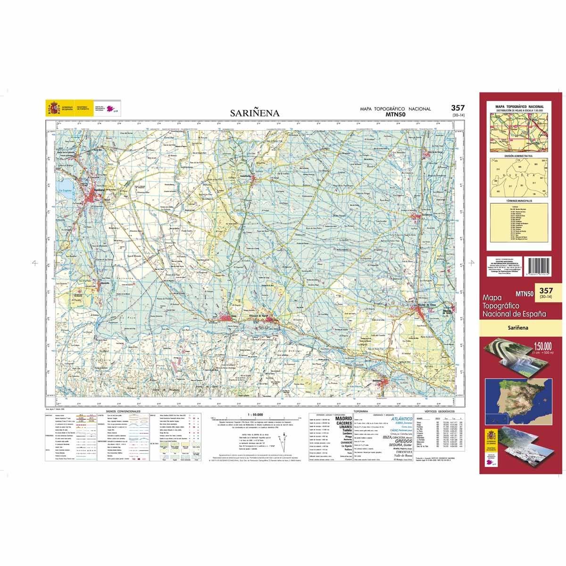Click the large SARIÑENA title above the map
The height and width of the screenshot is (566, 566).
pyautogui.click(x=255, y=113)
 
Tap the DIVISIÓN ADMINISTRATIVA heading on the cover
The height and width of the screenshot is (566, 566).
pyautogui.click(x=518, y=155)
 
